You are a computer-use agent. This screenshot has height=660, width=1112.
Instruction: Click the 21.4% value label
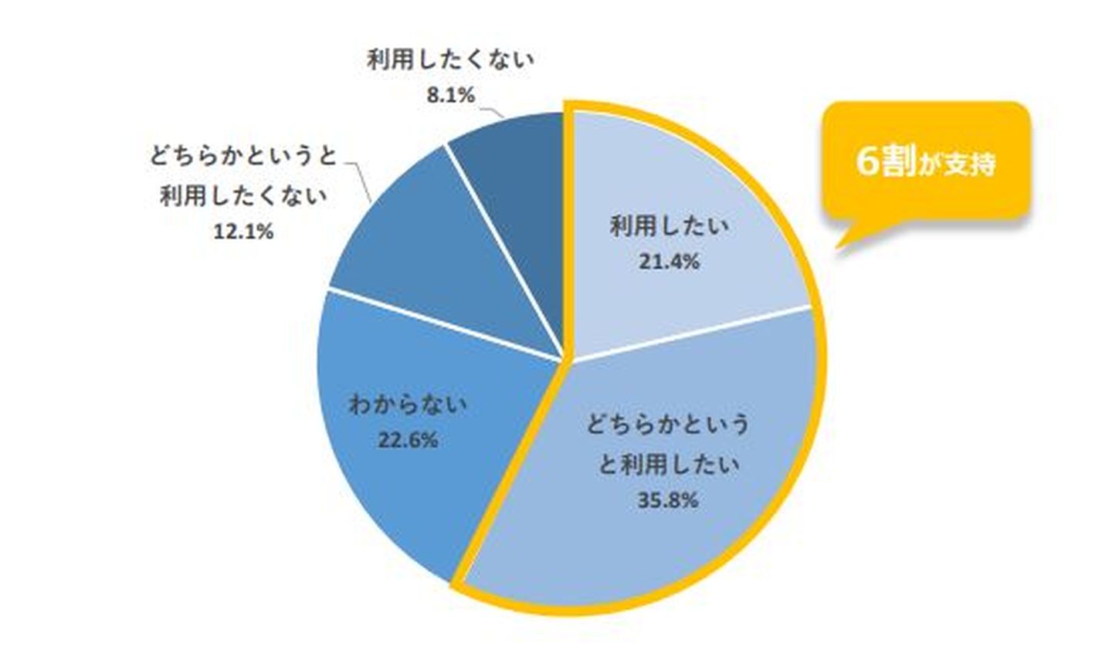(x=669, y=262)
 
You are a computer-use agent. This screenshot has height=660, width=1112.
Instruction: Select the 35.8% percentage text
(x=669, y=500)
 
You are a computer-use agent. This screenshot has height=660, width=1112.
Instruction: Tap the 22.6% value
(x=408, y=440)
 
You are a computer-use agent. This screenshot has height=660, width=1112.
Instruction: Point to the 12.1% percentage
(x=243, y=232)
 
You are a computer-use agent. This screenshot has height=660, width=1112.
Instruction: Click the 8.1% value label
(x=450, y=96)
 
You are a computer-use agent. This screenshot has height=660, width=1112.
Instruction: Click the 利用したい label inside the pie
(x=669, y=227)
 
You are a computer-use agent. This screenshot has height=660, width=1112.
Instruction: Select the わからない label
(x=408, y=404)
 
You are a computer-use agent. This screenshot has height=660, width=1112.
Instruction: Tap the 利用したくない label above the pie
(x=450, y=60)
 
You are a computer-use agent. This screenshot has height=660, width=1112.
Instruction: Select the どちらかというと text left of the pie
(x=243, y=157)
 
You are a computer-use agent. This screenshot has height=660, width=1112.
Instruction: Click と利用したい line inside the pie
(x=669, y=465)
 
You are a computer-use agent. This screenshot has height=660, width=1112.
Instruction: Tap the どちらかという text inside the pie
(x=669, y=425)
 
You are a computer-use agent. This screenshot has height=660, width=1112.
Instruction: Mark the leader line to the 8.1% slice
(x=491, y=112)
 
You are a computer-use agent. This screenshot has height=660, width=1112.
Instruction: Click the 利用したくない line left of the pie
(x=243, y=196)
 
